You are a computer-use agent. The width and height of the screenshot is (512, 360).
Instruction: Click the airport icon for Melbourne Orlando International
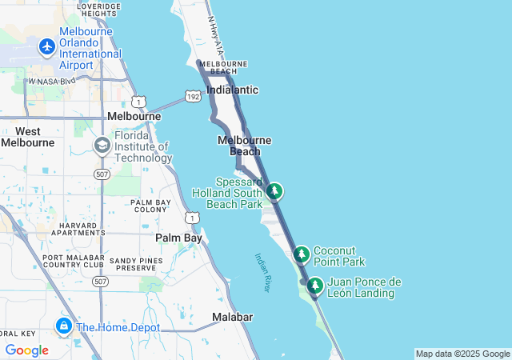46,47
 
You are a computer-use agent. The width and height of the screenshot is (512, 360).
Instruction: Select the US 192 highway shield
194,96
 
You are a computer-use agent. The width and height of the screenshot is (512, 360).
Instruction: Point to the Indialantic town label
232,90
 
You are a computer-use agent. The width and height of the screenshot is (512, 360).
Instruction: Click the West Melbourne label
28,137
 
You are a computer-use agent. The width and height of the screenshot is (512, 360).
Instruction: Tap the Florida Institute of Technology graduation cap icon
102,146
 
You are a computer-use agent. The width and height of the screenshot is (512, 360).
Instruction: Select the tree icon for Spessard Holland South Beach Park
274,191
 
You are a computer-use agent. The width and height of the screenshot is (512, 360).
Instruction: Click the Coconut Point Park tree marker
302,255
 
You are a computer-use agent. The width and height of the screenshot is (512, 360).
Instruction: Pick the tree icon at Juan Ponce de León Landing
315,286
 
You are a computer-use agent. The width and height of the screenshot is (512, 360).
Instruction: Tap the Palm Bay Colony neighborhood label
150,206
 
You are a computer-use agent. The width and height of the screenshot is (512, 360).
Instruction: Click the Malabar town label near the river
233,318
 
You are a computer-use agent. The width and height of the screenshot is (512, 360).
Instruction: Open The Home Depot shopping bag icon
63,326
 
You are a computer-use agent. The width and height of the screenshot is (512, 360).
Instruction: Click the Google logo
26,350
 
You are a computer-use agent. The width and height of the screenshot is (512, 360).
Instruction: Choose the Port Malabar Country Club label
73,261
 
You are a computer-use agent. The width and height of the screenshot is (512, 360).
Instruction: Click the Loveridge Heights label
99,10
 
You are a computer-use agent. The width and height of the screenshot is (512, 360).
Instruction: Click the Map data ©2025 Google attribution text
462,354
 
